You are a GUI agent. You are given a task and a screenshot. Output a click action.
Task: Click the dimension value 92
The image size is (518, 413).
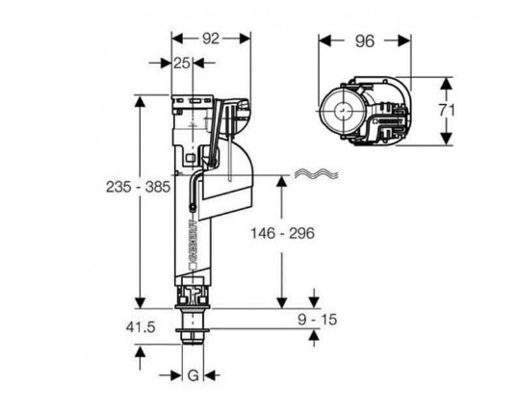click(211, 39)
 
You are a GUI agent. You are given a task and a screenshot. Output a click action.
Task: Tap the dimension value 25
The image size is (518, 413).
click(182, 63)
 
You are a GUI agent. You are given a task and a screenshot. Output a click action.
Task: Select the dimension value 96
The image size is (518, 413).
click(365, 41)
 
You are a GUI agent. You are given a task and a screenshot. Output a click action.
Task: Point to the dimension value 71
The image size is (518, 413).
click(448, 111)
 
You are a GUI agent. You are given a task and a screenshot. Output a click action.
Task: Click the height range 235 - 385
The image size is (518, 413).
click(138, 187)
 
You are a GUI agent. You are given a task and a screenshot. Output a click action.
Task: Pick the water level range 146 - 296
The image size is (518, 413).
click(282, 233)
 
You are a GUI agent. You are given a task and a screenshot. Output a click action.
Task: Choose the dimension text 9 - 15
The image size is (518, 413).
click(318, 320)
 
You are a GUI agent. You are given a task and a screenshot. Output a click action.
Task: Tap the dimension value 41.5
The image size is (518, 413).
click(141, 327)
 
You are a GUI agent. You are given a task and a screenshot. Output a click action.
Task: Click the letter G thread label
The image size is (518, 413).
click(194, 375)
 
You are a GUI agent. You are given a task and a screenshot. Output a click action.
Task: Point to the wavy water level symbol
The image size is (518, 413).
click(317, 174)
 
